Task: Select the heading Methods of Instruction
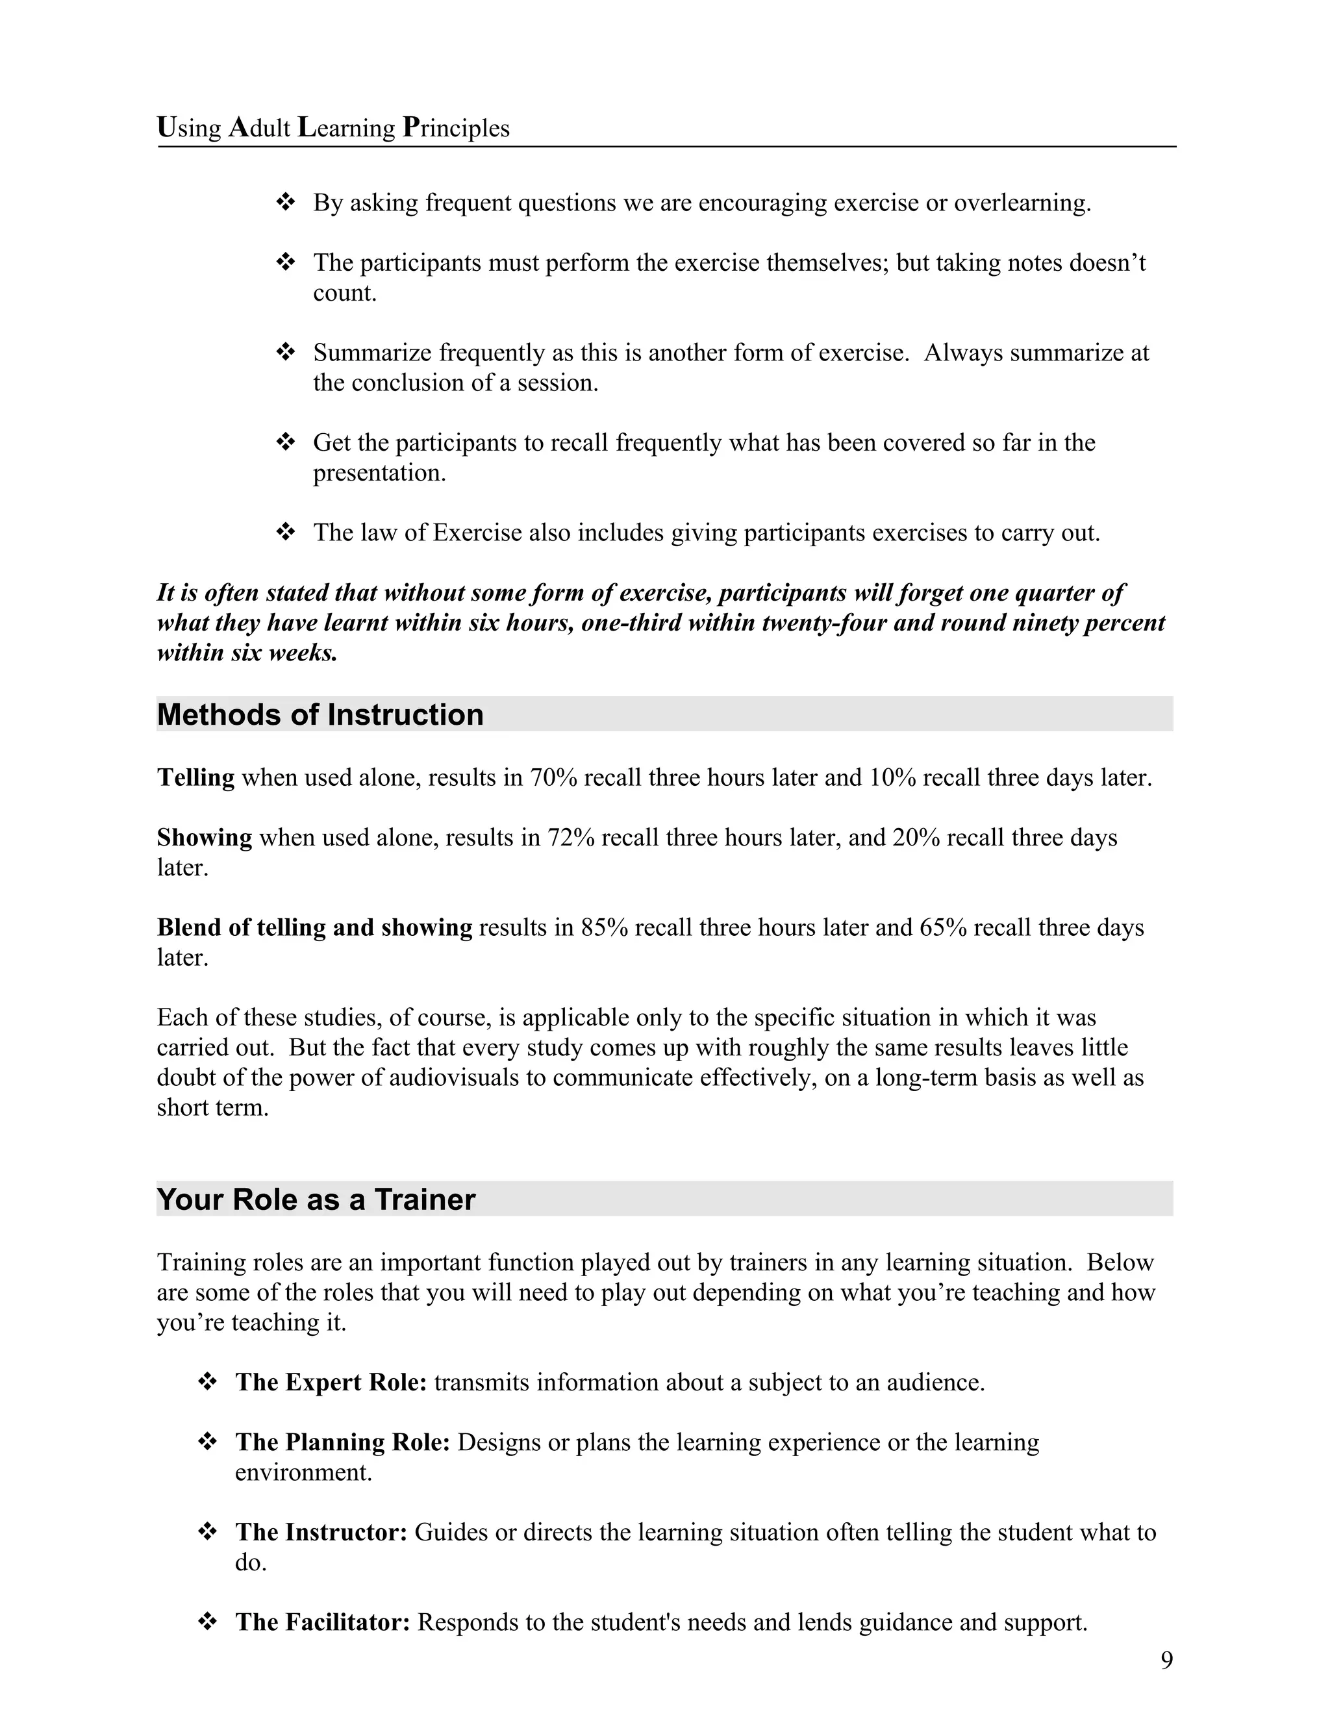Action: click(320, 715)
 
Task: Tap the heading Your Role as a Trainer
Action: click(316, 1200)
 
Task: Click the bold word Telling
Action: click(195, 778)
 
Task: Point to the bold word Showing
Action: click(204, 837)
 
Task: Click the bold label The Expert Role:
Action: click(331, 1382)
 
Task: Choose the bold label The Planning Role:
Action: click(342, 1442)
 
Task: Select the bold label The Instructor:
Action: click(321, 1532)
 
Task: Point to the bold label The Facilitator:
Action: click(322, 1622)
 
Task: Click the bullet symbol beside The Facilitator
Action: click(207, 1622)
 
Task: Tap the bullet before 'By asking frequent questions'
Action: click(285, 203)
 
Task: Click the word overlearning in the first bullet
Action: click(1022, 203)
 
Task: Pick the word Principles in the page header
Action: click(456, 128)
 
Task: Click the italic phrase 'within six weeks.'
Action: click(247, 653)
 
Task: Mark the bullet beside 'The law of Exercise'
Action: click(285, 533)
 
